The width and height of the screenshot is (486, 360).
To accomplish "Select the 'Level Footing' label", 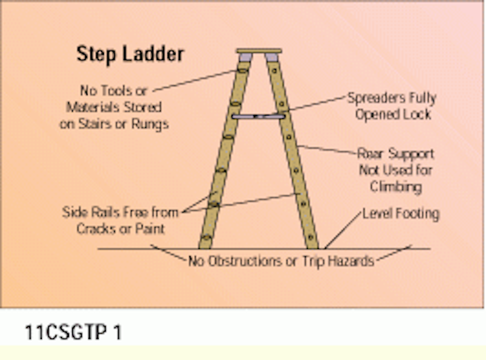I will pos(400,214).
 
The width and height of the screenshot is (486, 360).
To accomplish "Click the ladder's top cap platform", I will pos(259,51).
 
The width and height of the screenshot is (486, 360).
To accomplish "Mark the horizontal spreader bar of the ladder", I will pos(259,117).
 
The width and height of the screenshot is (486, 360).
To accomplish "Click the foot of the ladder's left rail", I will pos(206,245).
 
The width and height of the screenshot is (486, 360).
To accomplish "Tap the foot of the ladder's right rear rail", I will pos(312,245).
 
